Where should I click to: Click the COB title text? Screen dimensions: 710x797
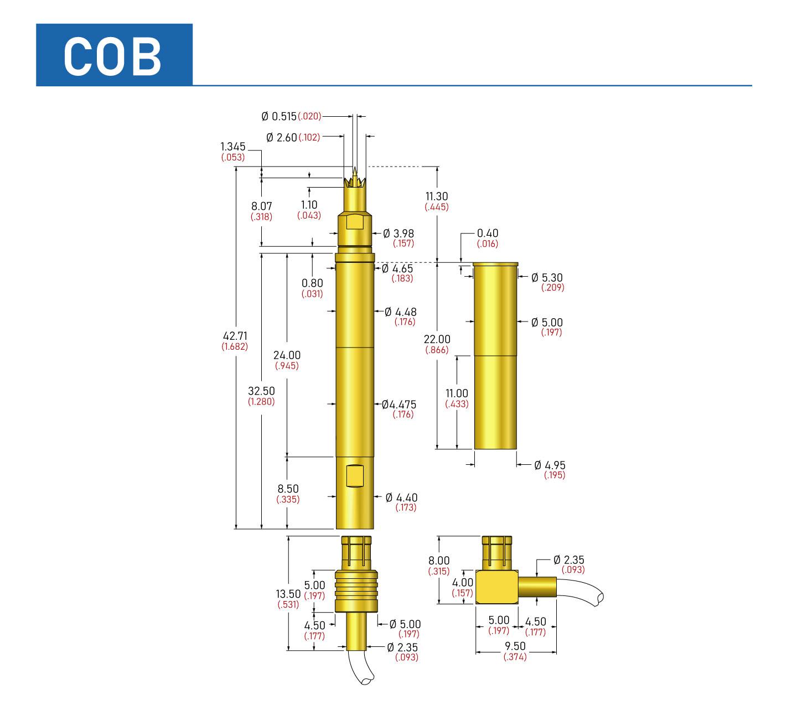[113, 56]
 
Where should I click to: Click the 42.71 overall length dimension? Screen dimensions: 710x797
[235, 336]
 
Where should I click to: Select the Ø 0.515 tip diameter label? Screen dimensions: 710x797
[279, 116]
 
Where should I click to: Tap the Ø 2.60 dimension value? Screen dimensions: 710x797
[282, 137]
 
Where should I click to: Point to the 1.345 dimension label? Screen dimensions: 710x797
[232, 147]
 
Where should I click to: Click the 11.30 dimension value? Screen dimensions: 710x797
[437, 196]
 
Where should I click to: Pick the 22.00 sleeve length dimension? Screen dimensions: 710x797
[437, 339]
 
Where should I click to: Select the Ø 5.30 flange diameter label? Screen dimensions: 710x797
[547, 278]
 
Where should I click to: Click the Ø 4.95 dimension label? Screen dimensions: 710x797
[550, 465]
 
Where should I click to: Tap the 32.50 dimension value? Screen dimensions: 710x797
[261, 391]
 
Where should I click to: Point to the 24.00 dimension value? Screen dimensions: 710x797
[287, 355]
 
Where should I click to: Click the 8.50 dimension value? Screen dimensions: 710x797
[288, 489]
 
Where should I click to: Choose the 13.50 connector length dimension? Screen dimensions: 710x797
[288, 594]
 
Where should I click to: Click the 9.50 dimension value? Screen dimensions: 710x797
[515, 646]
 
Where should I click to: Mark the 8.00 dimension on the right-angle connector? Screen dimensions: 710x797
[439, 561]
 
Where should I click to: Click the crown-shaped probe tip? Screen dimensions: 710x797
[355, 180]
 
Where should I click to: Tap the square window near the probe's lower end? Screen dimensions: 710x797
[354, 476]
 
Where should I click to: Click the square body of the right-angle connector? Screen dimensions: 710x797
[496, 587]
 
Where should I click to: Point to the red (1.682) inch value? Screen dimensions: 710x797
[235, 347]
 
